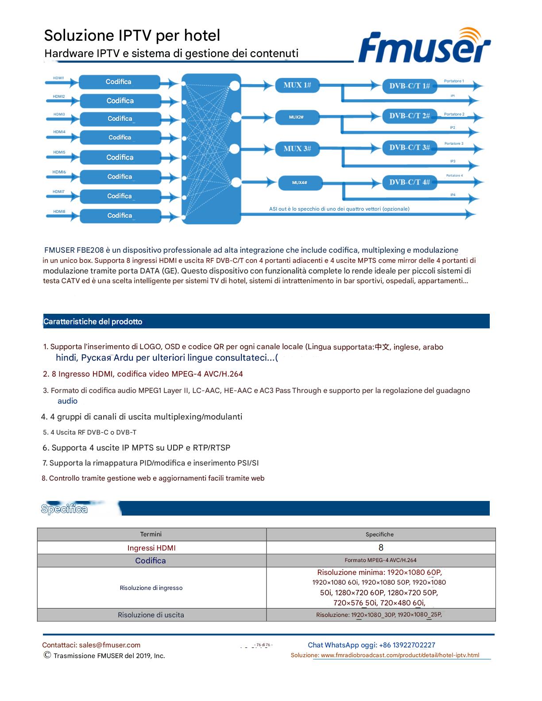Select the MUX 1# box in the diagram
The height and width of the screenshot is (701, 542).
tap(297, 85)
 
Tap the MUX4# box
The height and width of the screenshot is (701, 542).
tap(300, 182)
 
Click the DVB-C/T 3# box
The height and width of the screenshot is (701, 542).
tap(409, 147)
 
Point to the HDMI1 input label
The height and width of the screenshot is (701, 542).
tap(58, 78)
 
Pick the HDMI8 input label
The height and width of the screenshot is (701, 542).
tap(59, 212)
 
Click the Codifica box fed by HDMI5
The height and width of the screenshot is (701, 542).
tap(120, 157)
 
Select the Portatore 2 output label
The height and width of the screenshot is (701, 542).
tap(454, 114)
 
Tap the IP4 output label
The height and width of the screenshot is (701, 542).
tap(453, 195)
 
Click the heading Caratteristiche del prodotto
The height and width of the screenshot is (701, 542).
tap(93, 322)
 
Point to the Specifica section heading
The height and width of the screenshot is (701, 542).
tap(64, 509)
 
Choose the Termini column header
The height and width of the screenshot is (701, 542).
tap(151, 534)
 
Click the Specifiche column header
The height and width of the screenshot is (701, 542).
tap(379, 535)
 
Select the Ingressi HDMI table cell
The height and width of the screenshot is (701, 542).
tap(151, 548)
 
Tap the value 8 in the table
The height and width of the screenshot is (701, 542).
tap(381, 548)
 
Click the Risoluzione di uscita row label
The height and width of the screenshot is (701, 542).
tap(151, 615)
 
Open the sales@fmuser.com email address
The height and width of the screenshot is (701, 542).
tap(110, 645)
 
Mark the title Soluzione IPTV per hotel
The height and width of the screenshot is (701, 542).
tap(132, 35)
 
